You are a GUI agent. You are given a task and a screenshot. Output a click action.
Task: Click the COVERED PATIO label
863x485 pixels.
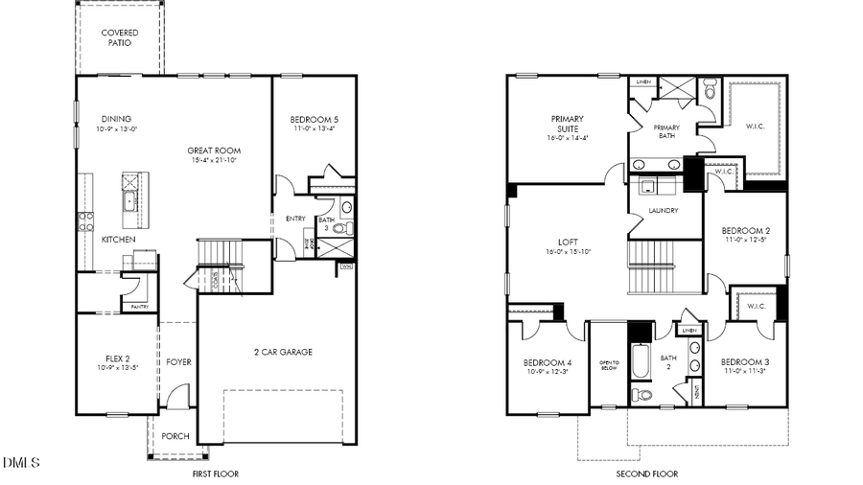[x=120, y=38]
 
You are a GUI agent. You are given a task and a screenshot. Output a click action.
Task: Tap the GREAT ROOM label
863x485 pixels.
[x=214, y=150]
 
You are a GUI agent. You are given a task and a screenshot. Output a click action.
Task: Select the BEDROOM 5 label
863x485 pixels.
[x=315, y=120]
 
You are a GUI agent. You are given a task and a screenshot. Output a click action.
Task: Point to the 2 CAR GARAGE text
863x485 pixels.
[x=283, y=352]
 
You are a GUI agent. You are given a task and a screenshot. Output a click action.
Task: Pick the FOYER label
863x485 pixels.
[x=178, y=362]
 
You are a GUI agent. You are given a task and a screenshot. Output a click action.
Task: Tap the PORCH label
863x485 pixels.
[x=175, y=436]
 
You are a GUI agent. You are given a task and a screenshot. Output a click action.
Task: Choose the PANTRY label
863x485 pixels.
[x=140, y=307]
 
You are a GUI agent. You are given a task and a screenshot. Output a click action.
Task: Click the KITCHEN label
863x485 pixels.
[x=119, y=240]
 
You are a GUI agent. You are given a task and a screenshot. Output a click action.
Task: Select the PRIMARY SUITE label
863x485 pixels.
[x=568, y=125]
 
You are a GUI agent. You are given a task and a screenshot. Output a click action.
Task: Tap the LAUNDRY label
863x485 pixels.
[x=664, y=211]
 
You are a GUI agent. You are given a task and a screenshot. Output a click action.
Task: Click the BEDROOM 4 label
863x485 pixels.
[x=548, y=362]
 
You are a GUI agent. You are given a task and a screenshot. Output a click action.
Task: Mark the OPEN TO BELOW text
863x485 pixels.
[x=610, y=365]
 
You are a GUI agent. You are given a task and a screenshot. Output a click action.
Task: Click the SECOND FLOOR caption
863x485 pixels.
[x=646, y=473]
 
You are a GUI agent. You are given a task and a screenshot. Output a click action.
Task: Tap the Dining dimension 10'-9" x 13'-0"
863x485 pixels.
[x=117, y=129]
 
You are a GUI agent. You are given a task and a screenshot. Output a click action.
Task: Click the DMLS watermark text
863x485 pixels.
[x=21, y=463]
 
